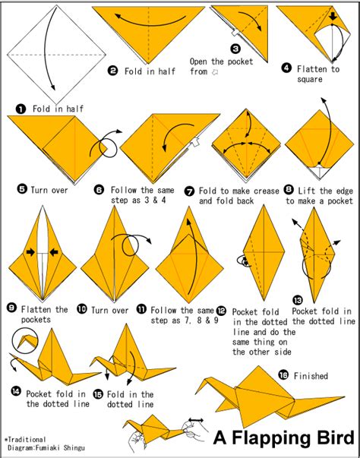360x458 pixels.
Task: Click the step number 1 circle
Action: pos(21,109)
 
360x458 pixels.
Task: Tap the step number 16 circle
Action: pos(283,374)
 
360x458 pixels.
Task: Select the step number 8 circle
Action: pos(289,190)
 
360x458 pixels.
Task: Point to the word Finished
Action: pos(311,376)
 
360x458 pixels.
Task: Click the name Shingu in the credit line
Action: pos(74,448)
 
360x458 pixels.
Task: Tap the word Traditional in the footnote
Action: pos(27,440)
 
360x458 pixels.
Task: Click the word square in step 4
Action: pos(309,80)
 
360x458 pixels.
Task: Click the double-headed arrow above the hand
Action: pos(196,420)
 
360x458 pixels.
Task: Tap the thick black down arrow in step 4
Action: pos(333,17)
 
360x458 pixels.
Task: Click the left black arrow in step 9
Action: pos(30,252)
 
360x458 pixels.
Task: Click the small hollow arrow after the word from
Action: pos(214,72)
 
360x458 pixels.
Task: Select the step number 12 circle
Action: pos(222,311)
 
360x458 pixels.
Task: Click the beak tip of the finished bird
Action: pos(196,393)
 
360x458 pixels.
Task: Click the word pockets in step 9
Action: pos(36,320)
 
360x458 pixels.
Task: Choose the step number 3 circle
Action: pos(235,49)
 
